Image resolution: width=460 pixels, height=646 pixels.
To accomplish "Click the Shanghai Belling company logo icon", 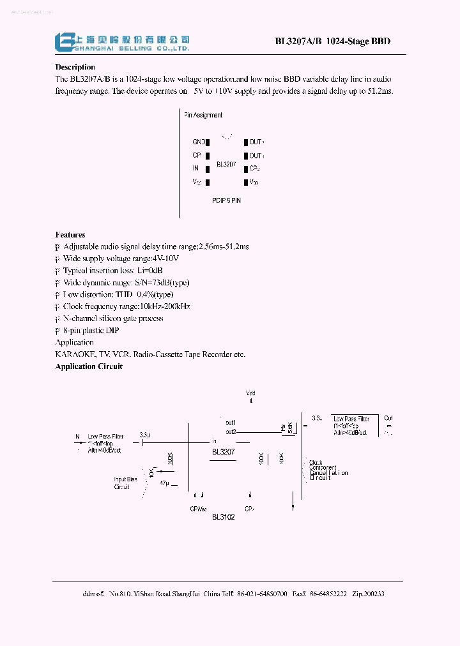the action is pos(63,41).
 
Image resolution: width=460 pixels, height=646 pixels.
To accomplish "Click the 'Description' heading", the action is pos(75,67).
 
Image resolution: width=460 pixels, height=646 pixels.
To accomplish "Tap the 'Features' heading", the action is pos(70,235).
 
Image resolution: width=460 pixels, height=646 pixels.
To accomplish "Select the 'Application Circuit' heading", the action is pos(89,366).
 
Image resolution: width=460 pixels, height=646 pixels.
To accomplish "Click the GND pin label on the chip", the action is pos(199,142).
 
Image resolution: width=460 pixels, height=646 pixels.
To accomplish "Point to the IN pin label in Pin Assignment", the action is pos(195,169).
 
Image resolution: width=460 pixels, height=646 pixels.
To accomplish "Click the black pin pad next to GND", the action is pos(208,142).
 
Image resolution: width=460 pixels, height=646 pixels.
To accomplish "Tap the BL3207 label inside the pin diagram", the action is pos(226,164).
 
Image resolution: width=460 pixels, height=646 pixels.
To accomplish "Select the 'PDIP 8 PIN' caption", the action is pos(227,200).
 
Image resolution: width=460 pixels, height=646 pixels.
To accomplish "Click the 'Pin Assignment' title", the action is pos(203,116).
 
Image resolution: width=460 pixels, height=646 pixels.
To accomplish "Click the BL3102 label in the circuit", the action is pos(224,516).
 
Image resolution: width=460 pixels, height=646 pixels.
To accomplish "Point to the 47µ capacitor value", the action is pos(164,483).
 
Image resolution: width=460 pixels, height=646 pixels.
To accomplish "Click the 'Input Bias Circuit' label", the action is pos(125,483).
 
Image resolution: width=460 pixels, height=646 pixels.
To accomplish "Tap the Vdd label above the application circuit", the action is pos(250,393).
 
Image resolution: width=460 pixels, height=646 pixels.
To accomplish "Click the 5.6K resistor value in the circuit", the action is pos(289,428).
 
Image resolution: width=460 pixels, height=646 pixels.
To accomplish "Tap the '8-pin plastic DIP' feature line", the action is pos(91,331).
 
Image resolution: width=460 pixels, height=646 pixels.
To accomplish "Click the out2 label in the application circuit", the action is pos(231,432).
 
